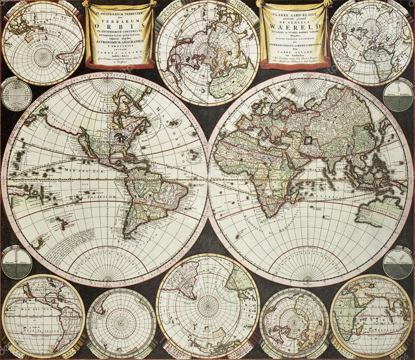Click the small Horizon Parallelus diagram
(x=398, y=96)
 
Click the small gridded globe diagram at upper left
(x=17, y=94)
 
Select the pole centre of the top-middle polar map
(x=207, y=52)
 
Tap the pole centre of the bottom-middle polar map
(x=207, y=306)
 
